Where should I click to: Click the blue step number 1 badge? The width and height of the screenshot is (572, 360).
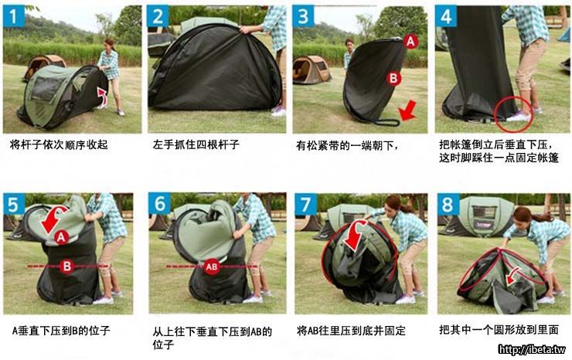click(x=13, y=16)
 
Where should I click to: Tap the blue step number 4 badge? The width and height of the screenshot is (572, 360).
click(x=446, y=16)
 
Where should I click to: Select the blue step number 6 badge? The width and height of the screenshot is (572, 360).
click(x=159, y=203)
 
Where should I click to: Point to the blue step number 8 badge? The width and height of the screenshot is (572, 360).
click(x=448, y=204)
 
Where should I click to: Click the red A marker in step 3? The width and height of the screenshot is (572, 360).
click(x=410, y=42)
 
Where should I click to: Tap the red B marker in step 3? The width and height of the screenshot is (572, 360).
click(x=393, y=78)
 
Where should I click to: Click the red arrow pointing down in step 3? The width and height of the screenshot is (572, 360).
click(x=407, y=111)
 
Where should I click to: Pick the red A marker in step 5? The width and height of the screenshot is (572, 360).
click(x=61, y=237)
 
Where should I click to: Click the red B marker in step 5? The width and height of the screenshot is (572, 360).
click(x=66, y=266)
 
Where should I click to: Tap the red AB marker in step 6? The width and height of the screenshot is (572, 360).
click(x=211, y=267)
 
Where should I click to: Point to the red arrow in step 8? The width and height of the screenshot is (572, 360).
click(x=513, y=276)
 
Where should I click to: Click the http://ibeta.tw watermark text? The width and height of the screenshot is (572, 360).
click(x=532, y=349)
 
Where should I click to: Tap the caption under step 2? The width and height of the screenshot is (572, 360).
click(x=196, y=144)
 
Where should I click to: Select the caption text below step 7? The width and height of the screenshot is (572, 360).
click(x=351, y=331)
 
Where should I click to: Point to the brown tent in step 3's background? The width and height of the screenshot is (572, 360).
click(x=312, y=70)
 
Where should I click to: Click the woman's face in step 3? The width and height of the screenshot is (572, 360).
click(x=349, y=46)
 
